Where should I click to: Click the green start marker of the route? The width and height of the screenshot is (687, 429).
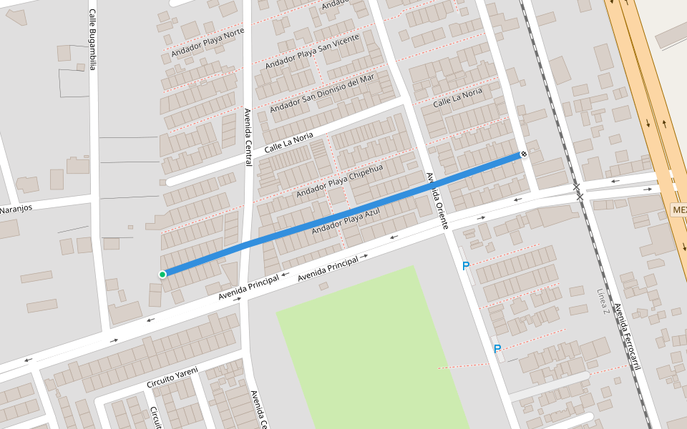coord(162,274)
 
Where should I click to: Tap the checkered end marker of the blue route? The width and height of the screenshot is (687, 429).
coord(524,154)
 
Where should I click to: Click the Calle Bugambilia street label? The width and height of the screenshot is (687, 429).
coord(92,39)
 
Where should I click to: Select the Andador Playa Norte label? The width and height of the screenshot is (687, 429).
coord(208,44)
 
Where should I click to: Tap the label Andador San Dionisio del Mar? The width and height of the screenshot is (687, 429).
coord(322,93)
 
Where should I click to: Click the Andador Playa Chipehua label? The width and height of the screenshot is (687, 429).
coord(340,180)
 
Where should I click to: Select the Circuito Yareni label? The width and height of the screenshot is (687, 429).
coord(172,378)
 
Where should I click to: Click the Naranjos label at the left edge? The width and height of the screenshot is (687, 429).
coord(16,209)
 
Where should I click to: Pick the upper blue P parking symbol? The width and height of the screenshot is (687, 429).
coord(466,266)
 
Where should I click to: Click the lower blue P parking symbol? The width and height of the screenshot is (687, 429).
coord(497,349)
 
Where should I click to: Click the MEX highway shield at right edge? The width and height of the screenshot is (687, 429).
coord(679,210)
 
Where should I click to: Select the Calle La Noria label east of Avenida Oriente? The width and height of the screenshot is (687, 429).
coord(458,97)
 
